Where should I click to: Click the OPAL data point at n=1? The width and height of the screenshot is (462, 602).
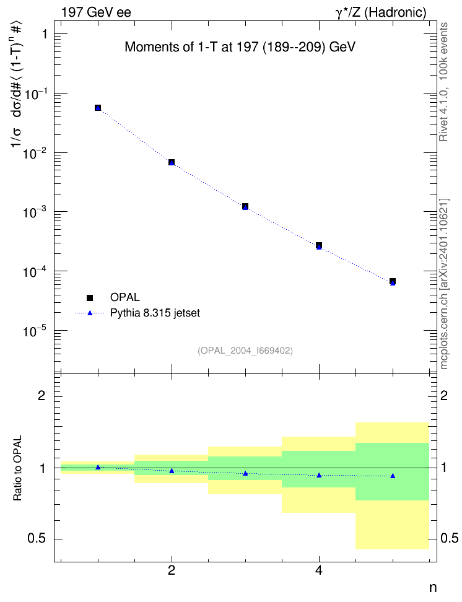98,108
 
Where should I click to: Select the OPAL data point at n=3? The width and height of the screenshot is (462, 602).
245,207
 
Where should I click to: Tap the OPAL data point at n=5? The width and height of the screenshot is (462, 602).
393,281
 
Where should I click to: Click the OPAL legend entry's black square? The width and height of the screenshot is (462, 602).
90,297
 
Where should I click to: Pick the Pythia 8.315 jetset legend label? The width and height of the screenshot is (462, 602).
155,313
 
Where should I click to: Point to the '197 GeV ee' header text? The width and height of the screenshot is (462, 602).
96,12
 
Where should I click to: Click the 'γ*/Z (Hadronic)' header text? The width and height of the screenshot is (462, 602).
381,13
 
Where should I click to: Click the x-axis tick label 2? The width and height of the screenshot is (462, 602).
172,570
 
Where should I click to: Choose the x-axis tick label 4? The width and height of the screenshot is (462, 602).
319,570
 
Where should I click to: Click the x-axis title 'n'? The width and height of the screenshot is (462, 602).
433,588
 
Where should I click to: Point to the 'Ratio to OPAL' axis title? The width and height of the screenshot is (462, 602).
17,468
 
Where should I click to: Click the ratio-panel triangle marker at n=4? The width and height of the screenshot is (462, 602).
319,475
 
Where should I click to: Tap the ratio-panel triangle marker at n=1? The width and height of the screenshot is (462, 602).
98,467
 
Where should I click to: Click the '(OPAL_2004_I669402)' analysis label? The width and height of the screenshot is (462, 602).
245,351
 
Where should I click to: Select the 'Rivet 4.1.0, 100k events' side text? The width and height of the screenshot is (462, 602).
443,82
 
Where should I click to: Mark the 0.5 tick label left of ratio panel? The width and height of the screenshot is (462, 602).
37,539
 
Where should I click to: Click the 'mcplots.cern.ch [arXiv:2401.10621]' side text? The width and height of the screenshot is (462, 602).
444,284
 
